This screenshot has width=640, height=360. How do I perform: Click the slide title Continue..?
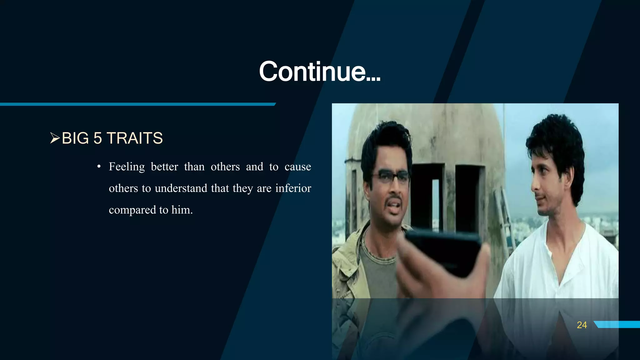(319, 72)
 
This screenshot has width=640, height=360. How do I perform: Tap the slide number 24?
(582, 325)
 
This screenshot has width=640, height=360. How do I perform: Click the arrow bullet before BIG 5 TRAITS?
(55, 138)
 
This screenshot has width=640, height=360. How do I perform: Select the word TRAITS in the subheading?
(134, 138)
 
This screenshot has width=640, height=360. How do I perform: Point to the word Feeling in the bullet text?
(127, 167)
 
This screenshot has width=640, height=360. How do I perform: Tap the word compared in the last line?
(132, 210)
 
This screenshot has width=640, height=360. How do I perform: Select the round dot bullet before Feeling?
(99, 167)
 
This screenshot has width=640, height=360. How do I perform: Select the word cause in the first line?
(297, 167)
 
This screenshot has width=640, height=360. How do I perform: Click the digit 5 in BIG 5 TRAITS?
(97, 138)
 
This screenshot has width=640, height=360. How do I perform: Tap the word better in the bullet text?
(164, 167)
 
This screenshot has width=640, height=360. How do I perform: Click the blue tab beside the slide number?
(617, 324)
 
